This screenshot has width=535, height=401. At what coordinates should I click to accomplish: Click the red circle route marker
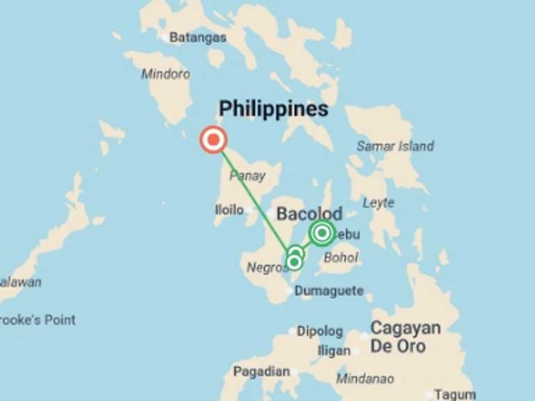[x=213, y=140]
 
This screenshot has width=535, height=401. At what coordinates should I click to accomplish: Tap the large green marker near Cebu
[x=322, y=233]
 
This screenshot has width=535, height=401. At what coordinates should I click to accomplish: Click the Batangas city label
[x=198, y=38]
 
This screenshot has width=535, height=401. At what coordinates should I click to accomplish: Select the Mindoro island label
[x=166, y=74]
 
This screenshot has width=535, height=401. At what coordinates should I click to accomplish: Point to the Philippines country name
[x=273, y=109]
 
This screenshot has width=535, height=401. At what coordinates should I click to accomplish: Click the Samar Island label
[x=395, y=146]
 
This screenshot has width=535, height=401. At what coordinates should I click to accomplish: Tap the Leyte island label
[x=378, y=203]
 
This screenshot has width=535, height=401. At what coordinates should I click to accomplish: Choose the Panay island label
[x=247, y=176]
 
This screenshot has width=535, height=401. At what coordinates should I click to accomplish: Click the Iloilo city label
[x=229, y=210]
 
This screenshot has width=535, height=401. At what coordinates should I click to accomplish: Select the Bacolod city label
[x=309, y=214]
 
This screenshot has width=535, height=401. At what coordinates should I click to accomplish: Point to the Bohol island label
[x=341, y=258]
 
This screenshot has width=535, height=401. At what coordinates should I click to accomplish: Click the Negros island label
[x=265, y=267]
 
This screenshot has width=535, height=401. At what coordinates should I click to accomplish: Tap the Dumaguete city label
[x=329, y=291]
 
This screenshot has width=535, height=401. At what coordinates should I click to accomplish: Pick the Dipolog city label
[x=320, y=331]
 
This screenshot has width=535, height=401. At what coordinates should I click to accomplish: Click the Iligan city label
[x=334, y=351]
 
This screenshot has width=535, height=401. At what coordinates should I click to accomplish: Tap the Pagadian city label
[x=261, y=372]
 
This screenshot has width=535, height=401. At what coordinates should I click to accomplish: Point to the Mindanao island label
[x=365, y=379]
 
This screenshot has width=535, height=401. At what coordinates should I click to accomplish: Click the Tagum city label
[x=455, y=395]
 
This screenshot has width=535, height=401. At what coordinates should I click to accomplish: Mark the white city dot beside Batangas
[x=164, y=38]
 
